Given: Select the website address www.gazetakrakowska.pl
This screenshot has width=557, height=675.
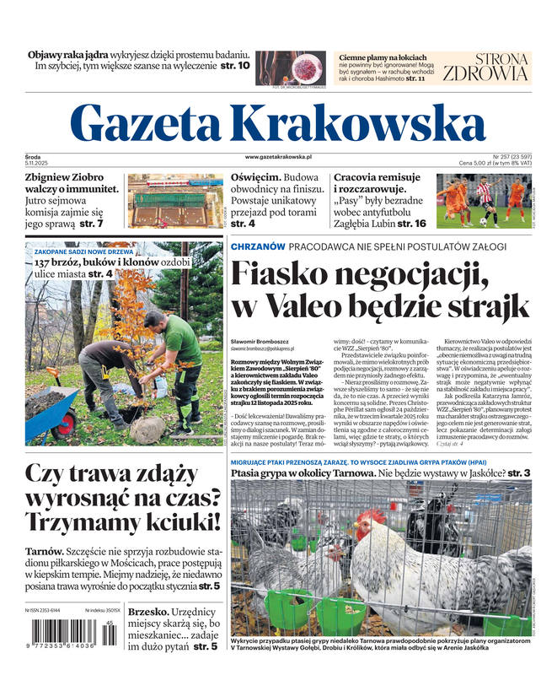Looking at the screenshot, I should point(279,157).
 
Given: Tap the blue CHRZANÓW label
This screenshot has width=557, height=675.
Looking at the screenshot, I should point(256,246).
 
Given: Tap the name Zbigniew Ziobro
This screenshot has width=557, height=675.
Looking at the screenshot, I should point(64,177).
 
